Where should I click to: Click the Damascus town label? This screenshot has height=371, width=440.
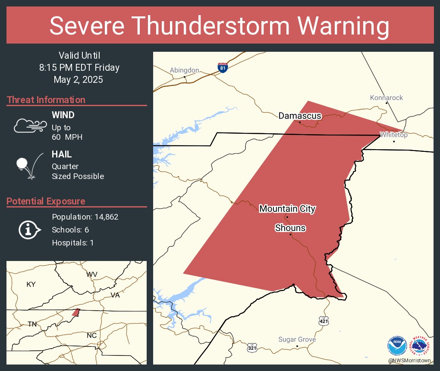[x=300, y=116]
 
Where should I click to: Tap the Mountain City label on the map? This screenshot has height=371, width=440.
[x=287, y=209]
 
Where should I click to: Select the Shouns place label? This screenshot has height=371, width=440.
[x=290, y=228]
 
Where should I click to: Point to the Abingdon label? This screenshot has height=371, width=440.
[x=184, y=70]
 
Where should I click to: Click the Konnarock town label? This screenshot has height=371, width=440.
[x=387, y=98]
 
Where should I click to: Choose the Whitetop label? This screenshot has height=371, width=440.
[x=393, y=135]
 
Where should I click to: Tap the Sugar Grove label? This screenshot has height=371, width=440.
[x=297, y=340]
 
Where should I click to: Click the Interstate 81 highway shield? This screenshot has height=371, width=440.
[x=223, y=68]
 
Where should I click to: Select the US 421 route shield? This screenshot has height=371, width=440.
[x=324, y=321]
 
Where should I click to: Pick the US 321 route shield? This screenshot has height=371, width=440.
[x=252, y=347]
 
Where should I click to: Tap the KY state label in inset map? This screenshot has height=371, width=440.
[x=31, y=284]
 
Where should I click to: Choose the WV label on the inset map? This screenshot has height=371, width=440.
[x=91, y=275]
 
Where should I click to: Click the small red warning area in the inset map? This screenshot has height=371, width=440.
[x=76, y=312]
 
